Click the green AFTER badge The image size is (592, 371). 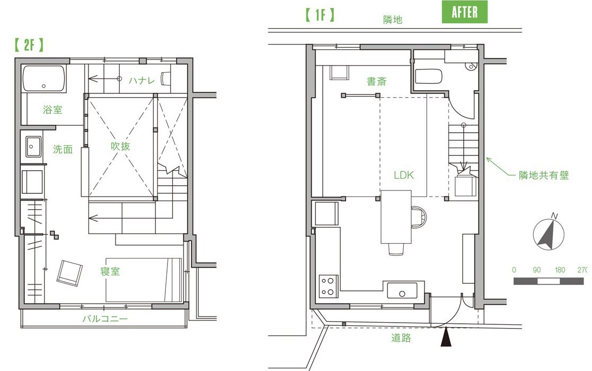coord(464,12)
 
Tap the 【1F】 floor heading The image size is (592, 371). coord(320,15)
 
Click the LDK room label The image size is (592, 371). coord(404,175)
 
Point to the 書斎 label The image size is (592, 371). coord(376,81)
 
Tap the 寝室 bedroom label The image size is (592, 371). coord(110,271)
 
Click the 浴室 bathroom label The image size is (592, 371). coord(52,110)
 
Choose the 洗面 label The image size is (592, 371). coord(63,149)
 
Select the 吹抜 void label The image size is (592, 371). coord(120,146)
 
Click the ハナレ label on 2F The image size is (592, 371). coord(142,80)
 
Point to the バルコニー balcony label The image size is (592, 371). coord(105,318)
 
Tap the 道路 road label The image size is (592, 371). coord(401,338)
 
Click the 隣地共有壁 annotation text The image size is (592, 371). coord(544,175)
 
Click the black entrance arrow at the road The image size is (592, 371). coord(446,337)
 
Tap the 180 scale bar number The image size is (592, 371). coord(560,270)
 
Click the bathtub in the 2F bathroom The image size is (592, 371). coord(44,78)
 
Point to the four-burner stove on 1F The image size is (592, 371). coord(328,286)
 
